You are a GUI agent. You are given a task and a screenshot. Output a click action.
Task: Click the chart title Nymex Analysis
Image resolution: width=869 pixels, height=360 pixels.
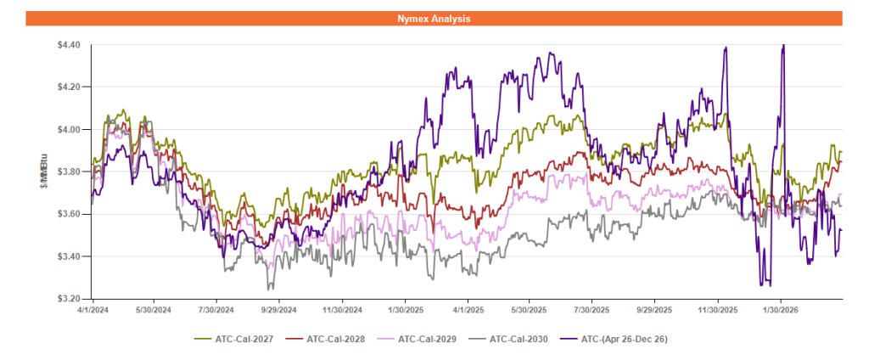point(434,18)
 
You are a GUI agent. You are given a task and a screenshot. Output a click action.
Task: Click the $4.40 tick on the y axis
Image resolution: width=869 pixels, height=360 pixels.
point(68,44)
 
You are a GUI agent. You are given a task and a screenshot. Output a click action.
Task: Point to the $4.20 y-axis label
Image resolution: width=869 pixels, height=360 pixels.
point(68,87)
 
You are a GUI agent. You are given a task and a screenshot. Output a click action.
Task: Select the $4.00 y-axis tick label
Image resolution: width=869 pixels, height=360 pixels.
point(68,129)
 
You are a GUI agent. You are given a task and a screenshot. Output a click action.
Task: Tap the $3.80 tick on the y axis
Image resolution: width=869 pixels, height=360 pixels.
point(68,172)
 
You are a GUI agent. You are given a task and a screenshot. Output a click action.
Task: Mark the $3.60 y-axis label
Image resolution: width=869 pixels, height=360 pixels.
point(68,214)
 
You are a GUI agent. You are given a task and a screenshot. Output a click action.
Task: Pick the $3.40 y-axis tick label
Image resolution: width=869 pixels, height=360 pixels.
point(68,256)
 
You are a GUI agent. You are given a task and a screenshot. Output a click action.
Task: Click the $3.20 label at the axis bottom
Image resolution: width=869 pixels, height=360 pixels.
point(68,299)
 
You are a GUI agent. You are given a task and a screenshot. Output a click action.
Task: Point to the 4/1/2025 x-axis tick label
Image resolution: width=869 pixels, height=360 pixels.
point(468,310)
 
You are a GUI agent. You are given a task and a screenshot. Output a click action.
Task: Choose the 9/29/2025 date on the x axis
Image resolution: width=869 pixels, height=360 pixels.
point(655,310)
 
